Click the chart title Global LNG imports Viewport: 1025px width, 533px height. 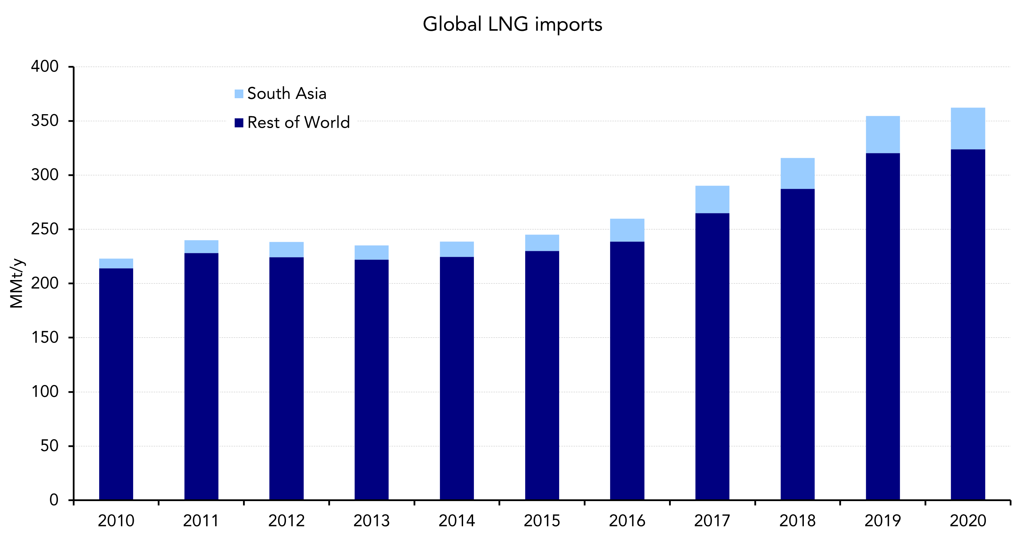[512, 24]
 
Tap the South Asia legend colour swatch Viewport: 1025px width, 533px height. [239, 94]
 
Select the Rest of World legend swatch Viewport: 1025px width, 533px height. [239, 123]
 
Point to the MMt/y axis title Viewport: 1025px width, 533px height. [17, 283]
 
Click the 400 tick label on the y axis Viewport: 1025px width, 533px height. [45, 67]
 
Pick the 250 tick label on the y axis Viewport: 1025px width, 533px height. [45, 229]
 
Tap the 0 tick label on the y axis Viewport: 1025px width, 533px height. [54, 500]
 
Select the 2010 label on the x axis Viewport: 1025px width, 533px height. [116, 521]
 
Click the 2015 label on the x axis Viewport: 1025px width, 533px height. [541, 521]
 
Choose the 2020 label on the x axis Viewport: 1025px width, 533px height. [968, 521]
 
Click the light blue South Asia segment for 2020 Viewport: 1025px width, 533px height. [968, 129]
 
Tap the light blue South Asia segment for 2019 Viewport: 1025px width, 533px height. [883, 135]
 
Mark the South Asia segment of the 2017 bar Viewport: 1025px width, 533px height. [712, 200]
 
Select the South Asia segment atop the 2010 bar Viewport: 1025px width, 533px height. [116, 264]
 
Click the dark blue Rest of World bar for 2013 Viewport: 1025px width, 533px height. [371, 379]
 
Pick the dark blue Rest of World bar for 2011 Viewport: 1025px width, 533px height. [201, 374]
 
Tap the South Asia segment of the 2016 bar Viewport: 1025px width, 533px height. [627, 230]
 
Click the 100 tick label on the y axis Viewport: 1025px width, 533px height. [45, 392]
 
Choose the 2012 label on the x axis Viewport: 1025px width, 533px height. [286, 521]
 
